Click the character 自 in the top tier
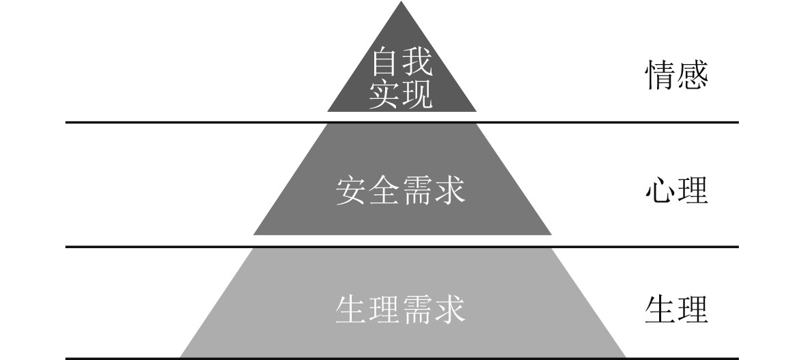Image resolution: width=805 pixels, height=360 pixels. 384,65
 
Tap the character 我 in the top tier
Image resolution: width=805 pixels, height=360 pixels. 417,65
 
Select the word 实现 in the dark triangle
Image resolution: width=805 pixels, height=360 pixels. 401,96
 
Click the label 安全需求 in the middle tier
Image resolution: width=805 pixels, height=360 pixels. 401,192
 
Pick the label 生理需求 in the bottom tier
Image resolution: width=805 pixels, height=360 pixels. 401,310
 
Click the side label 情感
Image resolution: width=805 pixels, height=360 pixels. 676,76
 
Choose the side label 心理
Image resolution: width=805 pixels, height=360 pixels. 676,192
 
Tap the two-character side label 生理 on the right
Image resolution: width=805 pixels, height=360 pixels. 676,310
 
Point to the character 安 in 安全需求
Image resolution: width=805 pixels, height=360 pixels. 352,192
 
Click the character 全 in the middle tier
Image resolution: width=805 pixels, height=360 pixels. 384,192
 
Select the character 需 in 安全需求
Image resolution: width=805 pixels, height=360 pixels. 417,192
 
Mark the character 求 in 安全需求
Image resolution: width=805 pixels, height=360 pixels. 450,192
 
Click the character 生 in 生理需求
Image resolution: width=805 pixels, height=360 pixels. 352,310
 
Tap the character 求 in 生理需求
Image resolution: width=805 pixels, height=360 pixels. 450,310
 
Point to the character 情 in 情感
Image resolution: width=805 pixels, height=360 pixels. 660,76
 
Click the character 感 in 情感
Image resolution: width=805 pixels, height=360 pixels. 693,76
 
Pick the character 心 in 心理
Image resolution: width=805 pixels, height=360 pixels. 660,192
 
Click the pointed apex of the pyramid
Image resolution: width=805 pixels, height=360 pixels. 401,4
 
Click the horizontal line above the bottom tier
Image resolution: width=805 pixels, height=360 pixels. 170,246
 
